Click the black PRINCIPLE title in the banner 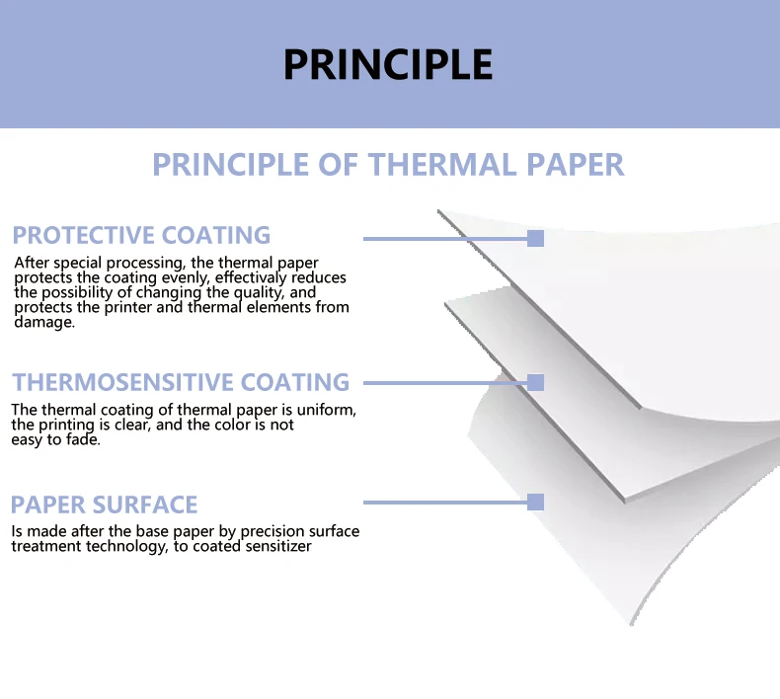[388, 64]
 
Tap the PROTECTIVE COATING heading [141, 235]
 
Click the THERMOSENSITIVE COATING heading [181, 382]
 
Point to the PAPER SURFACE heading [104, 505]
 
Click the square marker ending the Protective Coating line [536, 238]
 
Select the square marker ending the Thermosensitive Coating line [536, 382]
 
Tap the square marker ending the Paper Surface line [536, 502]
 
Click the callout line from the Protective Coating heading [444, 238]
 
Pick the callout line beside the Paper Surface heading [444, 502]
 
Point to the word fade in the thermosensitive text [85, 440]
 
